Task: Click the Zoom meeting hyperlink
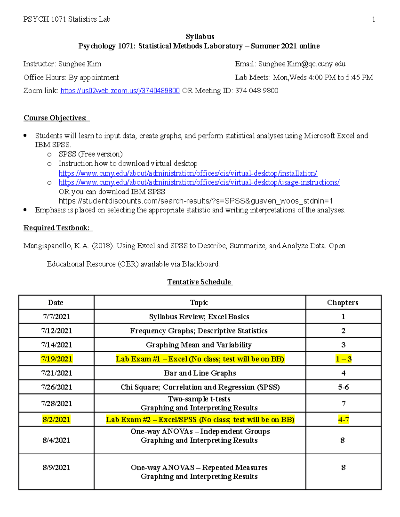[120, 91]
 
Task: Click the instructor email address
[302, 64]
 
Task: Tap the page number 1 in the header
[373, 19]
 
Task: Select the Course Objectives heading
[55, 118]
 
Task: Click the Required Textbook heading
[56, 228]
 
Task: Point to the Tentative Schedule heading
[199, 282]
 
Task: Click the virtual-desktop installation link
[188, 173]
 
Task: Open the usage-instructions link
[199, 182]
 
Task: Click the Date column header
[56, 303]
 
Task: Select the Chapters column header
[343, 303]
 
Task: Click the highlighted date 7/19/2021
[57, 359]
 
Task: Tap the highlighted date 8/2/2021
[56, 419]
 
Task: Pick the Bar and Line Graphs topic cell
[200, 373]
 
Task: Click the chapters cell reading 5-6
[343, 387]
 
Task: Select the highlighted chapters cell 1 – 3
[343, 359]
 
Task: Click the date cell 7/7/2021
[57, 317]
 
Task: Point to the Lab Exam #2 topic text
[200, 419]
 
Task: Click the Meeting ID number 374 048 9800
[257, 91]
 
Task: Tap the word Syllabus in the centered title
[200, 37]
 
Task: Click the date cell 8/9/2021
[56, 468]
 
